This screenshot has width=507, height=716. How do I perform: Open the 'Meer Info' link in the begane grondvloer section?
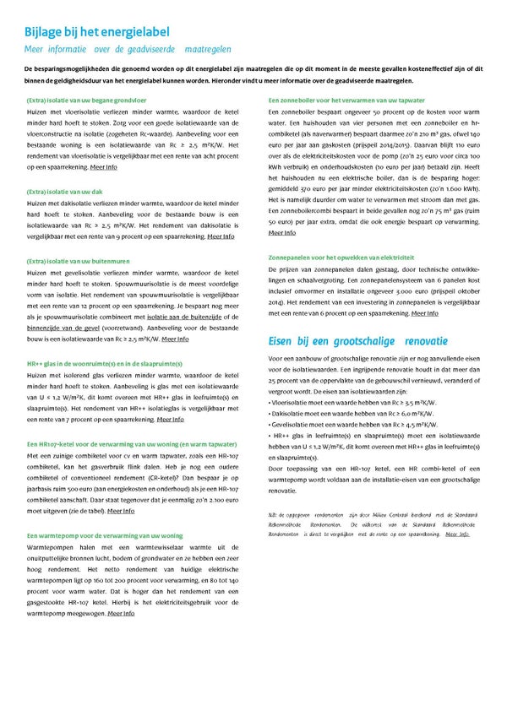click(x=106, y=168)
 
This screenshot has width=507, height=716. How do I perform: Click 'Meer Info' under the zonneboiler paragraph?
click(x=281, y=232)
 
